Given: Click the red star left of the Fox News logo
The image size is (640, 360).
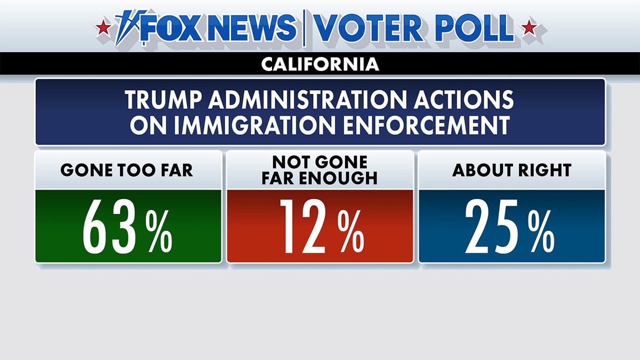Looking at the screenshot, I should click(x=103, y=27).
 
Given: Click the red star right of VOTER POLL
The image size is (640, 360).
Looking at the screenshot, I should click(x=529, y=27).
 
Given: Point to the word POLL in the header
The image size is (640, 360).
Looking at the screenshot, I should click(x=474, y=28).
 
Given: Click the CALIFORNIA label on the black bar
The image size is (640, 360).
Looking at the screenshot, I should click(x=320, y=65).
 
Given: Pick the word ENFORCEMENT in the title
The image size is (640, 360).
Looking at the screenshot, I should click(x=421, y=126).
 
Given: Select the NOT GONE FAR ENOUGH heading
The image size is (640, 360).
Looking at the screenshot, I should click(x=320, y=170).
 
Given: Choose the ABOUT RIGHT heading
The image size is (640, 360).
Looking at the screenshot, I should click(x=511, y=170).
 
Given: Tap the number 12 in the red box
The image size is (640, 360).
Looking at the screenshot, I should click(x=302, y=227).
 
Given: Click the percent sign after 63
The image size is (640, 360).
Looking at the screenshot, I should click(x=160, y=233).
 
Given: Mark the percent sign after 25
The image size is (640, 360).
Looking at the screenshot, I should click(x=541, y=233).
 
